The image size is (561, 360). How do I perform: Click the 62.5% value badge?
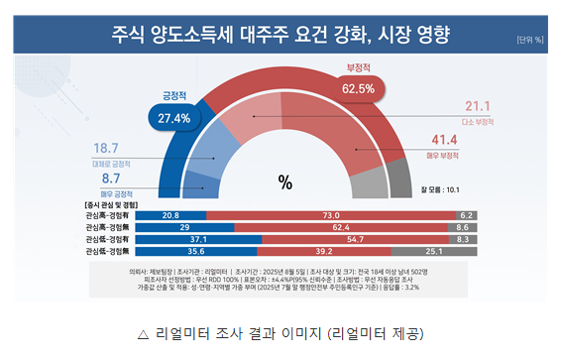pyautogui.click(x=358, y=88)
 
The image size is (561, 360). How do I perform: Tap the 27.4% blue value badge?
pyautogui.click(x=174, y=118)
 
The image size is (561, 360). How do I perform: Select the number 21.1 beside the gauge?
pyautogui.click(x=479, y=106)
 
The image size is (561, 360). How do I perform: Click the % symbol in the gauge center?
pyautogui.click(x=285, y=181)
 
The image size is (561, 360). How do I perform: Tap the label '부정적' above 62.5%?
pyautogui.click(x=358, y=69)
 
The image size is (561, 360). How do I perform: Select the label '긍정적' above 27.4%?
pyautogui.click(x=174, y=96)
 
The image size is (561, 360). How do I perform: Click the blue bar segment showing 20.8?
pyautogui.click(x=169, y=215)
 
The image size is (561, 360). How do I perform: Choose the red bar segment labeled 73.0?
pyautogui.click(x=331, y=215)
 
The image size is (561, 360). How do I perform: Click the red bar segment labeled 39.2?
pyautogui.click(x=322, y=252)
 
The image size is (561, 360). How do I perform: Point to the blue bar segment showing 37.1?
pyautogui.click(x=198, y=239)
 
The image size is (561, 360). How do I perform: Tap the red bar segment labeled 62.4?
pyautogui.click(x=339, y=227)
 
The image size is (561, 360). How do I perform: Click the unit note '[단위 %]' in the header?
pyautogui.click(x=529, y=40)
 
